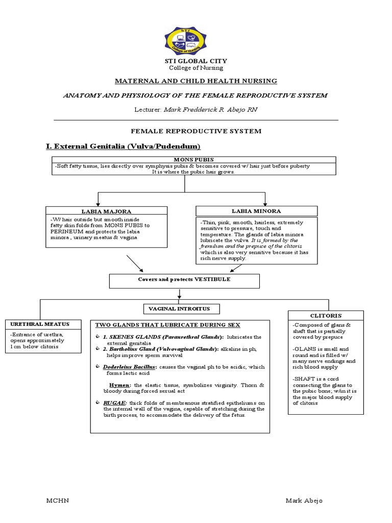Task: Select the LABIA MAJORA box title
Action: click(106, 211)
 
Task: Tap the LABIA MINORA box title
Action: click(256, 211)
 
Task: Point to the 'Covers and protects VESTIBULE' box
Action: click(184, 280)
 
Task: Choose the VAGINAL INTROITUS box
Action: click(182, 308)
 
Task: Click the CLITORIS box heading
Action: click(326, 316)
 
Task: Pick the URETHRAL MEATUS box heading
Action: click(43, 324)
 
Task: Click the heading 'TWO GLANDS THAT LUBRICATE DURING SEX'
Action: click(167, 325)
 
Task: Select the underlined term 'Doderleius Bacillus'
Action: click(125, 367)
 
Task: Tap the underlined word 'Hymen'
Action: click(119, 385)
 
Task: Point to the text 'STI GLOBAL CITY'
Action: click(195, 61)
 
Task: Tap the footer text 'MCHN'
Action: click(58, 501)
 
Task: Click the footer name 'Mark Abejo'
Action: click(304, 501)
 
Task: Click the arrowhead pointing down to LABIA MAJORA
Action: click(97, 204)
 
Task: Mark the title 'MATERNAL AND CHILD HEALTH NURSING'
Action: click(195, 81)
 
